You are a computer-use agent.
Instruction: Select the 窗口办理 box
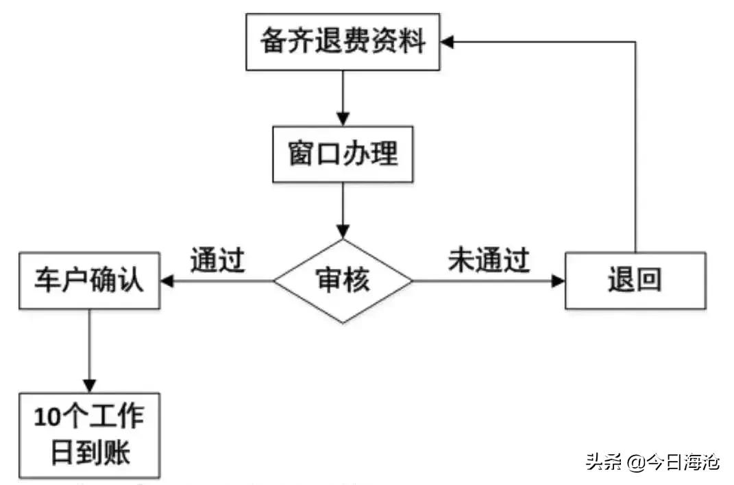(343, 153)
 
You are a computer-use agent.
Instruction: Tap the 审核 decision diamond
(343, 281)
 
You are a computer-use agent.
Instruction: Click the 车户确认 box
(89, 281)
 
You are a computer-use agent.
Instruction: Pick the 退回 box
(635, 281)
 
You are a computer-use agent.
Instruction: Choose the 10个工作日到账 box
(89, 435)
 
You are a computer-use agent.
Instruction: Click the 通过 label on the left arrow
(217, 260)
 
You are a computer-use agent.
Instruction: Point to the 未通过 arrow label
(489, 260)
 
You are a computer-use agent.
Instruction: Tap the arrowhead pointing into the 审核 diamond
(343, 231)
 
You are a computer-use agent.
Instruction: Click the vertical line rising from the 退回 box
(635, 151)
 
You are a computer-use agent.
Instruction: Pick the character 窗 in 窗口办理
(301, 153)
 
